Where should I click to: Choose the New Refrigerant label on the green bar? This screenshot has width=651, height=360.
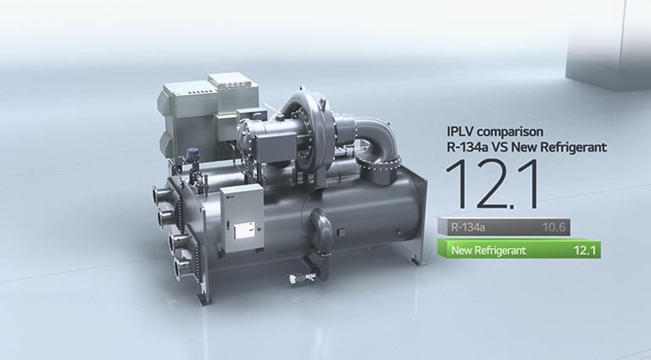(488, 250)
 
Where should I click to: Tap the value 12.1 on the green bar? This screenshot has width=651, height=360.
(586, 250)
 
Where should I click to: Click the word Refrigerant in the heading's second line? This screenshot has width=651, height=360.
(577, 147)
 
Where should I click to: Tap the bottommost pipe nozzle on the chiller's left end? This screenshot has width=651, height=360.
(180, 269)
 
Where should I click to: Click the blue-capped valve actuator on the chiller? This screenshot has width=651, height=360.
(192, 155)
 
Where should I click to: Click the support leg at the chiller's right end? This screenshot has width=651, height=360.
(415, 254)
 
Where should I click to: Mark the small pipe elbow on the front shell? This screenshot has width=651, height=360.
(323, 227)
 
